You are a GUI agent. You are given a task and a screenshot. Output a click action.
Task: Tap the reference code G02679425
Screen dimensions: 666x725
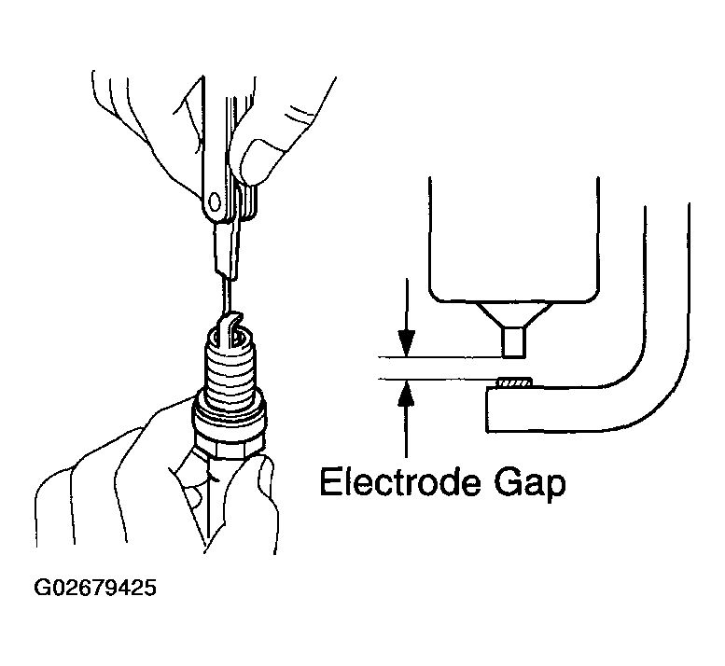[95, 590]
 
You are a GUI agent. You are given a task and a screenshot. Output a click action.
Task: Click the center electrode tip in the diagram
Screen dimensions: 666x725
[512, 341]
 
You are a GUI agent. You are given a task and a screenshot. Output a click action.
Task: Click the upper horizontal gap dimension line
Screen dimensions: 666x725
[439, 357]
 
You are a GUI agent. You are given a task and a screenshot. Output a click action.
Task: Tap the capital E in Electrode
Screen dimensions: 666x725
[331, 483]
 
